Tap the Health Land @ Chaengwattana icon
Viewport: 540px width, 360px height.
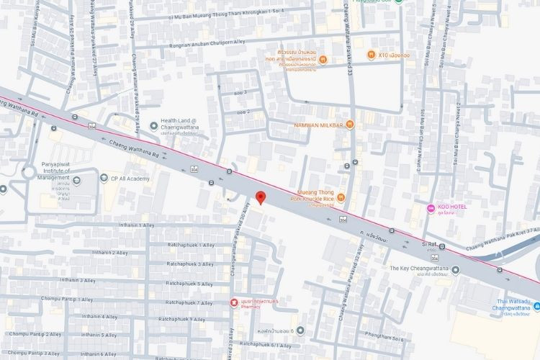153,126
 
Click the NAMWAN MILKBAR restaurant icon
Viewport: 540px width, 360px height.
350,124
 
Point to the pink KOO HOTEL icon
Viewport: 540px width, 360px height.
431,208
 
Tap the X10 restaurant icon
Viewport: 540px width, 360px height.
370,54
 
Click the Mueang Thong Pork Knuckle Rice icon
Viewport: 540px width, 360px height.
341,197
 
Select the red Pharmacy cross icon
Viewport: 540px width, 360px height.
233,302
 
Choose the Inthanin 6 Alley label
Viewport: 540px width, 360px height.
99,354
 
